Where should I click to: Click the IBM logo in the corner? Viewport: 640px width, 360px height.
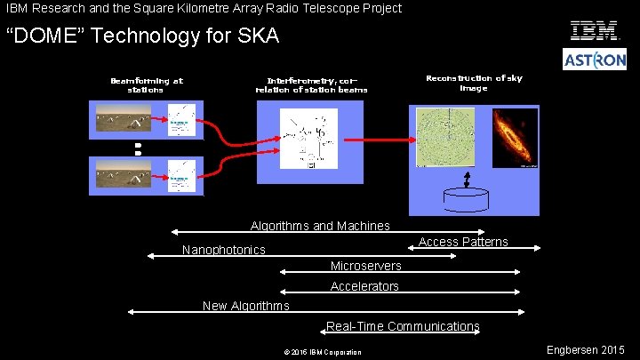point(595,31)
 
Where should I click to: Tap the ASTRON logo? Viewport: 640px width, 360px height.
point(595,60)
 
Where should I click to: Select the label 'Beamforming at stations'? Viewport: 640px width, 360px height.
point(146,84)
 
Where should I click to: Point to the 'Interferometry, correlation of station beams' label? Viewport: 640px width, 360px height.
point(311,84)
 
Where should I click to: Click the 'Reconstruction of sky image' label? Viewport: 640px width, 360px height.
point(474,83)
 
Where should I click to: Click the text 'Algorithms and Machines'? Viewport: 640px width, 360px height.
point(320,227)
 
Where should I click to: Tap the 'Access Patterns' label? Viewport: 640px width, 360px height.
point(463,242)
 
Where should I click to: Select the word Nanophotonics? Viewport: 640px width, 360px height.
point(223,250)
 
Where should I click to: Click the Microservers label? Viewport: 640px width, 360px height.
point(365,266)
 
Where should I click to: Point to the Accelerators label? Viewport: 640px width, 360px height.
point(364,286)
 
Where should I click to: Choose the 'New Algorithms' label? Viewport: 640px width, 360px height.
point(245,306)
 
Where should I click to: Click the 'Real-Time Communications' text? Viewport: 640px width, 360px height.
point(403,326)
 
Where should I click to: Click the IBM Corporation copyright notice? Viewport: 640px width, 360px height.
point(323,353)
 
